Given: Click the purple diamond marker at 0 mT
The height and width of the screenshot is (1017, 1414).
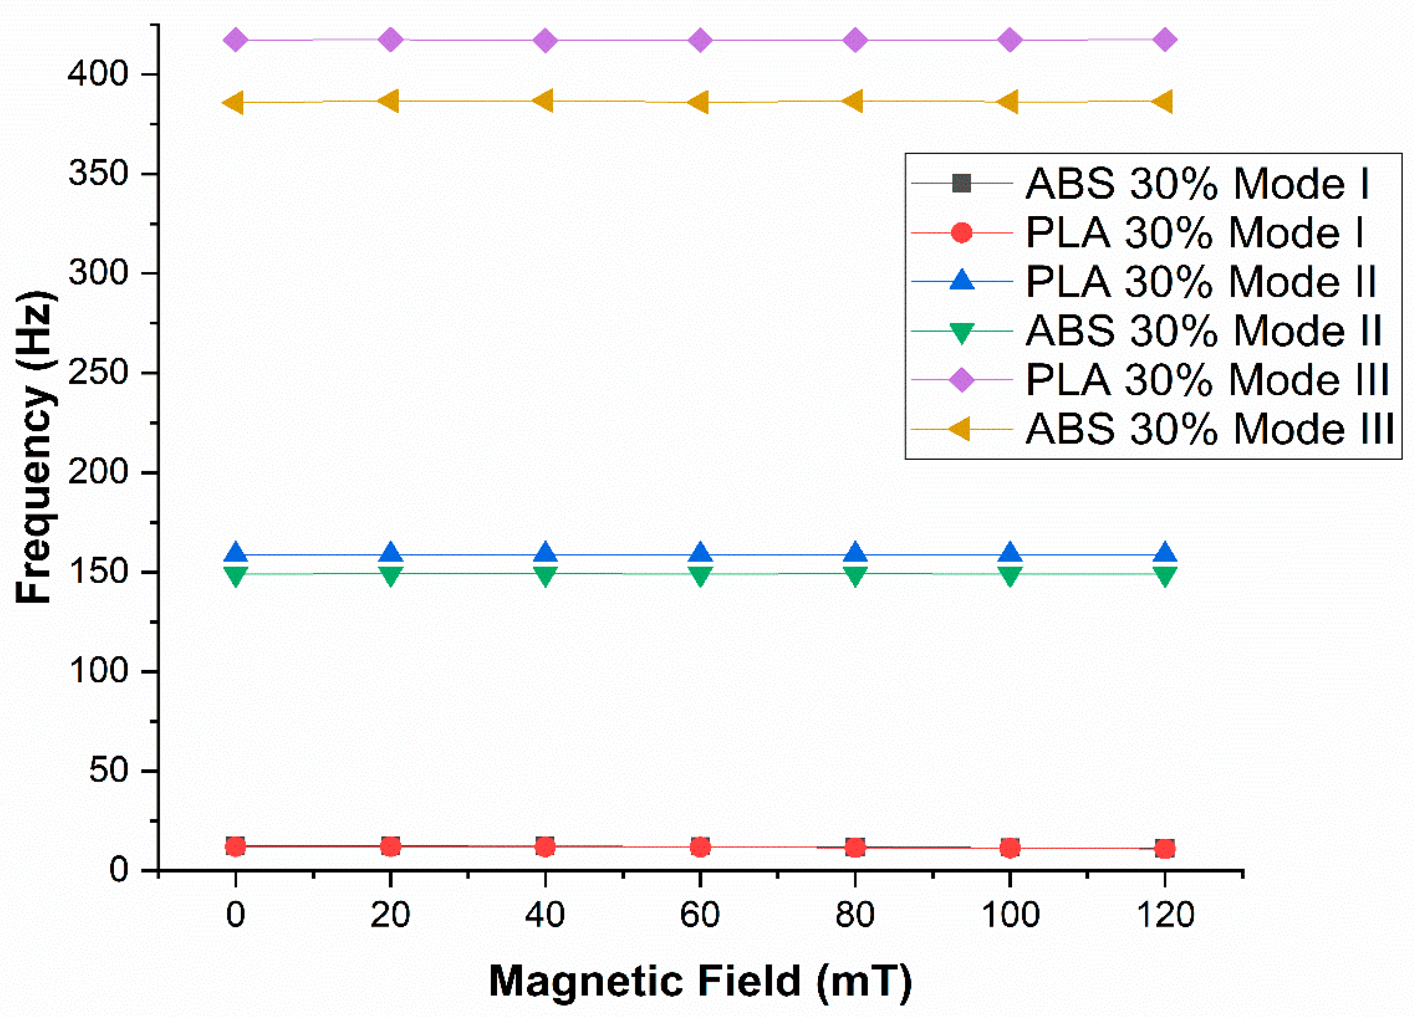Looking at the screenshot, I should click(x=235, y=41).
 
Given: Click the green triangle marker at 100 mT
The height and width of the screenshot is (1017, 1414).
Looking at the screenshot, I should click(x=1010, y=576).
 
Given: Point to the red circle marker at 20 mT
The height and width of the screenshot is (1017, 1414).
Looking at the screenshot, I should click(x=390, y=847).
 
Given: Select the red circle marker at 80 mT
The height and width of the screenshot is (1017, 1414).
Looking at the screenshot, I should click(x=855, y=848).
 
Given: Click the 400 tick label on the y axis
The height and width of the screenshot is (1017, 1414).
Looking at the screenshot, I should click(x=98, y=74).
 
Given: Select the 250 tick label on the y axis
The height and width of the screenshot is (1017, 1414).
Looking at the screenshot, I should click(x=98, y=373).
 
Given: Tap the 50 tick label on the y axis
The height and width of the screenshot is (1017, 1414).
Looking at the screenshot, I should click(x=108, y=771).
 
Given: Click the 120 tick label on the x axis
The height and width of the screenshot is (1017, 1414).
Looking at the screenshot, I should click(x=1165, y=915).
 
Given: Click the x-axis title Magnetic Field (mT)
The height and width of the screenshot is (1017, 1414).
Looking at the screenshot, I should click(x=699, y=981).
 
